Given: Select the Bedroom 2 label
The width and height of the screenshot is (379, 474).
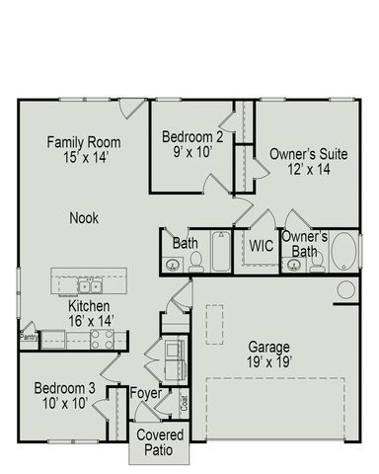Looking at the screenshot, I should [x=191, y=138].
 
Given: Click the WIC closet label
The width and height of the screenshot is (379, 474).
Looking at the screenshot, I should [x=261, y=246].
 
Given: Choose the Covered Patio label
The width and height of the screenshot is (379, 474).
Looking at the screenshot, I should [x=158, y=441].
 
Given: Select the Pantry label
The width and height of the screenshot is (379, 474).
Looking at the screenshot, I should [x=28, y=337].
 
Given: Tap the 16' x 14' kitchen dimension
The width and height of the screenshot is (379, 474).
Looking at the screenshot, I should [x=91, y=320].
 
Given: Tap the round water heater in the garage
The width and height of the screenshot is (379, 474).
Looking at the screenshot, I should [x=346, y=290].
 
